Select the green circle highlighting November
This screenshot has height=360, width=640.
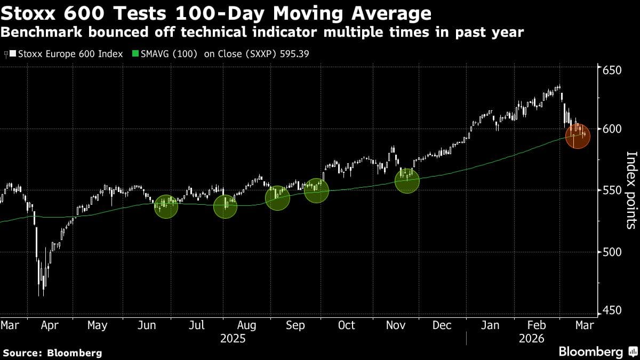(x=406, y=180)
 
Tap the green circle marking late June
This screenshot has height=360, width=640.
(x=166, y=206)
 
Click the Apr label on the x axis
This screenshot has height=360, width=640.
(x=49, y=325)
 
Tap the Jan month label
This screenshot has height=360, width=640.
(x=490, y=325)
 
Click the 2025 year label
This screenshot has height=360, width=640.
(x=233, y=339)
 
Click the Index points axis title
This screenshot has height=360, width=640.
(x=631, y=190)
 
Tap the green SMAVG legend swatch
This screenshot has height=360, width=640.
(x=135, y=54)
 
